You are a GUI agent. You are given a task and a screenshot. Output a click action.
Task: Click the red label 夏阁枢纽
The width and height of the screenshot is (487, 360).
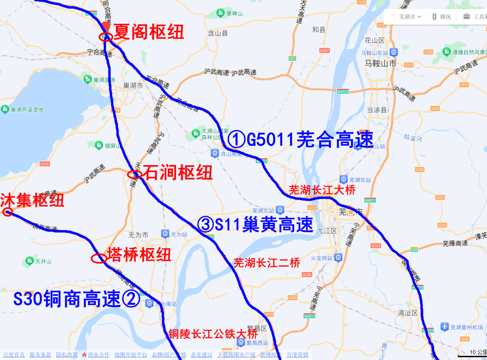coord(148,32)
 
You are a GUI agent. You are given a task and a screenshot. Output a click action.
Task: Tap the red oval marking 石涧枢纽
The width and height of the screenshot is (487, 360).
coord(135,174)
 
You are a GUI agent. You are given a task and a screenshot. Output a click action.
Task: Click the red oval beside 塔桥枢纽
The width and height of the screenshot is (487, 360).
coord(99,258)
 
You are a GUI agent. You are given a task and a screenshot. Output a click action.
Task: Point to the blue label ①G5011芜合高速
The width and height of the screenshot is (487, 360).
coord(300,140)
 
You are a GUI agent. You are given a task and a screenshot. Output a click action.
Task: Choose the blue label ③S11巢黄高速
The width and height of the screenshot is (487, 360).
coord(255,225)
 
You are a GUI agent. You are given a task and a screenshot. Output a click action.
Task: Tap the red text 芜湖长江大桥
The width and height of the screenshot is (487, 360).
coord(322,190)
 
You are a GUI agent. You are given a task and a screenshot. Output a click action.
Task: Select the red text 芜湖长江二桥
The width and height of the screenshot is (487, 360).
coord(266,263)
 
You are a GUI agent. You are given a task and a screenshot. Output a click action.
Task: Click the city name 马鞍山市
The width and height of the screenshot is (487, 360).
coord(381,64)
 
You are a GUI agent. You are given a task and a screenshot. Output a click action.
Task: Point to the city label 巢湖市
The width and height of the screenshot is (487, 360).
coord(133,85)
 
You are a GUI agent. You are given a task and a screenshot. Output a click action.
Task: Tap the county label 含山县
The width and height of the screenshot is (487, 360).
coord(218,33)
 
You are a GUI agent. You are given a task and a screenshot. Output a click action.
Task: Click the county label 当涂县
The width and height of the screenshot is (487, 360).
coord(377,110)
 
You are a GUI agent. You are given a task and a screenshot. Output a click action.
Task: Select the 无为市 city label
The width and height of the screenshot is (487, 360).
coord(138,235)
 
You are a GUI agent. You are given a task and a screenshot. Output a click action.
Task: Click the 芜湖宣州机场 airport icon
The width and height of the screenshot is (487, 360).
coord(445,327)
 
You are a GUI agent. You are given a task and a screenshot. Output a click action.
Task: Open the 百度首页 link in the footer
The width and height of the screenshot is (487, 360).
coord(14,355)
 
